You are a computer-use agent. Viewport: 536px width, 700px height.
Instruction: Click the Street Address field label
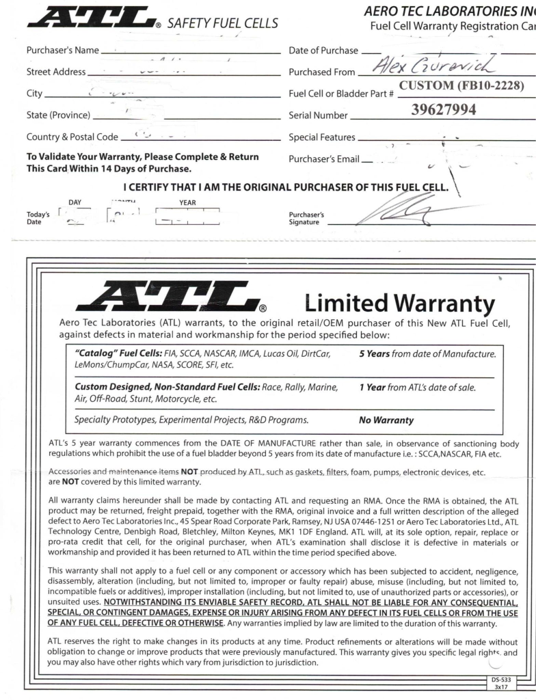[56, 72]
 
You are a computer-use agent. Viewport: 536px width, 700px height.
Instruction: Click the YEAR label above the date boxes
[187, 202]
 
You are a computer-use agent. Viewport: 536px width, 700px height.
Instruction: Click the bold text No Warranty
[386, 419]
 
